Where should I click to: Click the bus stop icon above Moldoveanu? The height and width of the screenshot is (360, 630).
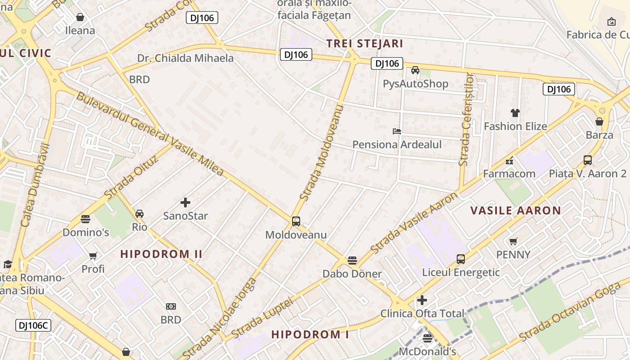296,221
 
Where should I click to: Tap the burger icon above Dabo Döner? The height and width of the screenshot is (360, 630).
352,261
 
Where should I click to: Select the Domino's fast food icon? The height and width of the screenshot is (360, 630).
85,219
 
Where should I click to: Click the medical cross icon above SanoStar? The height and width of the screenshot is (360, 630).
185,202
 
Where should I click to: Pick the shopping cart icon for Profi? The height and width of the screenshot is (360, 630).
93,256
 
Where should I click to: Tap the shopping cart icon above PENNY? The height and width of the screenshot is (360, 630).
513,241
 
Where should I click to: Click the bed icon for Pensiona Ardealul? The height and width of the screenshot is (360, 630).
396,131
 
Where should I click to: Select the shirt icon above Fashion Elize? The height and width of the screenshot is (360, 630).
515,113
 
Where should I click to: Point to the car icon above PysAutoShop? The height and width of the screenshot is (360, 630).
415,70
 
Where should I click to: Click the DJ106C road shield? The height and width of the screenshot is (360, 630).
33,325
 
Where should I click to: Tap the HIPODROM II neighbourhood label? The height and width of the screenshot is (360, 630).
162,254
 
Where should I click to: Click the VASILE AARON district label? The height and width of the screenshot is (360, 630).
516,211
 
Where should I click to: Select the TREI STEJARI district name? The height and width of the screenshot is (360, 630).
364,44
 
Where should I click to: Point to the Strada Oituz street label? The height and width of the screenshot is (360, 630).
131,178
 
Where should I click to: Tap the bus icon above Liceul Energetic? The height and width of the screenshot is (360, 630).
460,259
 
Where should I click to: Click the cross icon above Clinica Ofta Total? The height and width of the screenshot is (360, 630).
422,300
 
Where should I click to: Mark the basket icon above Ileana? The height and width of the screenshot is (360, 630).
80,17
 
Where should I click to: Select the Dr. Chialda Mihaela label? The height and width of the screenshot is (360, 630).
185,58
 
